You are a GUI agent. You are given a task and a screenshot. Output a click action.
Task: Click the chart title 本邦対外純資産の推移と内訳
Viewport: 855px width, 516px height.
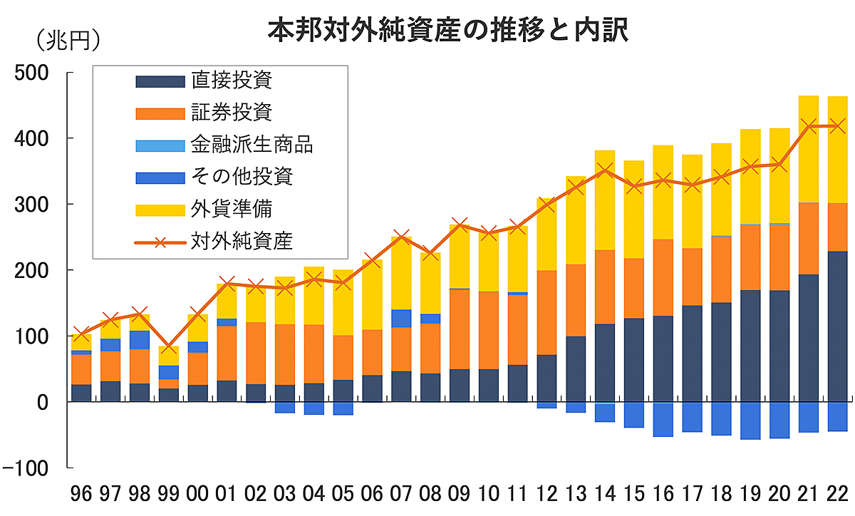coord(447,30)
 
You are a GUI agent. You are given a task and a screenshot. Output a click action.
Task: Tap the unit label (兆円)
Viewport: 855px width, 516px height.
coord(68,40)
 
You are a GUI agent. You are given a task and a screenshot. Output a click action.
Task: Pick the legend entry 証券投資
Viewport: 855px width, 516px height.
coord(231,112)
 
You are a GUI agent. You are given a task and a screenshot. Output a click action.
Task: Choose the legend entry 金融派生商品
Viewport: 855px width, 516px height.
coord(252,145)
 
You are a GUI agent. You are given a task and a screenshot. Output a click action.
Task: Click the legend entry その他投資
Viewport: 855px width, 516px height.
coord(242,177)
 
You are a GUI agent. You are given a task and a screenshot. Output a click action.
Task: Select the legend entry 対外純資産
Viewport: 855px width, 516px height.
coord(242,241)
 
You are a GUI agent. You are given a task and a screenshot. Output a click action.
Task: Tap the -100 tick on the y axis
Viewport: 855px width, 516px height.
coord(27,468)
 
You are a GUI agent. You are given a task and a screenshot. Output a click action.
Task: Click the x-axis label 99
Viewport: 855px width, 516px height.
coord(169,495)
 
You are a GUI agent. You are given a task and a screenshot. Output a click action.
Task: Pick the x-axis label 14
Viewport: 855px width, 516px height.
coord(605,495)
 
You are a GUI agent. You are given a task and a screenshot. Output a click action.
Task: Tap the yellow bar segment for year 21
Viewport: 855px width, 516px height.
coord(809,149)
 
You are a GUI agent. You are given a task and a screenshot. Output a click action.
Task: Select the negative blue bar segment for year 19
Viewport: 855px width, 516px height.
coord(750,420)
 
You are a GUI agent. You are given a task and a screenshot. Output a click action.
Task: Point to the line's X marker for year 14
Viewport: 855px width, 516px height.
coord(605,170)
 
